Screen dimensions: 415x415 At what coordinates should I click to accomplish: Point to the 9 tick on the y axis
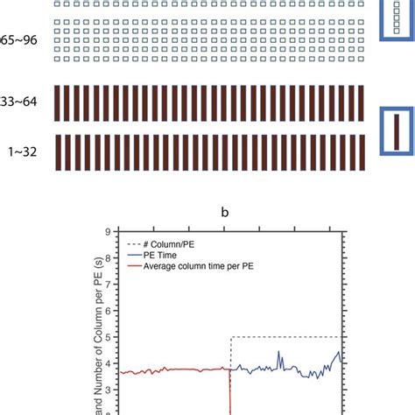[106, 232]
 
